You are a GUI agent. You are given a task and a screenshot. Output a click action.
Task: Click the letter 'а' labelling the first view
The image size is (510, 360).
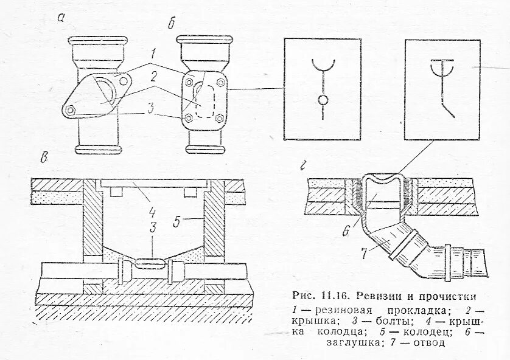[x=61, y=18]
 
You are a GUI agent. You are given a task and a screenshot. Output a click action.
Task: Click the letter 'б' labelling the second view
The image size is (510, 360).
[x=172, y=24]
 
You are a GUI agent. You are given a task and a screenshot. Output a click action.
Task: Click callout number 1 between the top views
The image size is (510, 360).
[x=155, y=53]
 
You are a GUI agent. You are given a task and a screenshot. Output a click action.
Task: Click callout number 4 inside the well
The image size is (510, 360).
[x=153, y=213]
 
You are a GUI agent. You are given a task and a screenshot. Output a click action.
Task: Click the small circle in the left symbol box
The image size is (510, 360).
[x=323, y=99]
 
